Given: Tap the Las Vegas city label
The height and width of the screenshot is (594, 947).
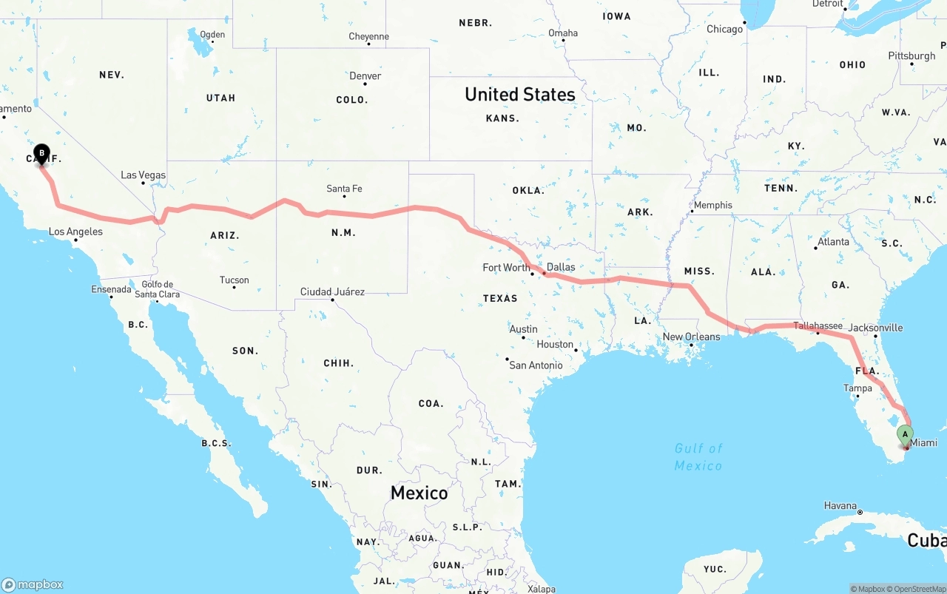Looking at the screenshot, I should (x=144, y=175).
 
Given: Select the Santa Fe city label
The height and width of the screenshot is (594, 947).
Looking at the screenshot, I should (x=344, y=189).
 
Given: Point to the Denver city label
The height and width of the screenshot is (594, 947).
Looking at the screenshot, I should (x=365, y=75).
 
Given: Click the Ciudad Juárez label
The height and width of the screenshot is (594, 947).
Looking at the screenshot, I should (x=332, y=291).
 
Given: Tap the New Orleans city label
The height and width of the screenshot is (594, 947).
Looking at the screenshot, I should (x=691, y=337).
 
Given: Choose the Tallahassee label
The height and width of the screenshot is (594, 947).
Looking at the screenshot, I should (x=818, y=325).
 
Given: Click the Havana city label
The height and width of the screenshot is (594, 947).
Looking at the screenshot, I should (x=840, y=506).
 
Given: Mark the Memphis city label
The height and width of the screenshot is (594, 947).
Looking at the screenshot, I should (x=713, y=205).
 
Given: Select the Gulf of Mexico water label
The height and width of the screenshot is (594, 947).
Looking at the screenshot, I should (x=698, y=456).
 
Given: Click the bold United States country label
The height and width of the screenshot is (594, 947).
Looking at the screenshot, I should (x=519, y=94).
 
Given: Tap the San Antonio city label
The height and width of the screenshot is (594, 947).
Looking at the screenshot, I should (x=536, y=365).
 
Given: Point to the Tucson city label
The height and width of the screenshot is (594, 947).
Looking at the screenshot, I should (x=235, y=280).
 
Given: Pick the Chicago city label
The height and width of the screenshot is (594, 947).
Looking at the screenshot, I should (x=724, y=29).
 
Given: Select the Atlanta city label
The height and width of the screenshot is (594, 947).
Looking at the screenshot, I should (x=833, y=241).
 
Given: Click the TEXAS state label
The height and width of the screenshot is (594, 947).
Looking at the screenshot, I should (x=500, y=298).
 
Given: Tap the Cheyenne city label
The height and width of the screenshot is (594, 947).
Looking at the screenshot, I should (x=368, y=36).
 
